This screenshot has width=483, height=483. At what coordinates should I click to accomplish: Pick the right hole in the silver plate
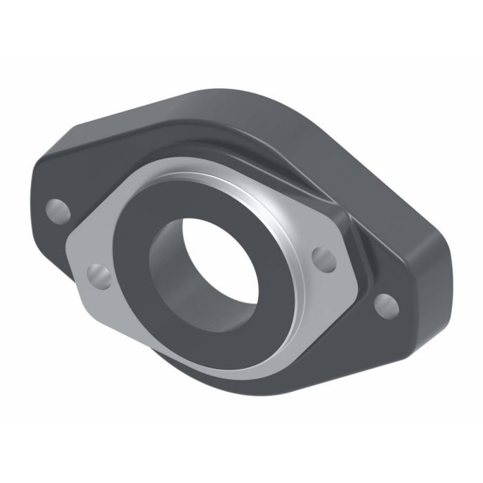pyautogui.click(x=322, y=257)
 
